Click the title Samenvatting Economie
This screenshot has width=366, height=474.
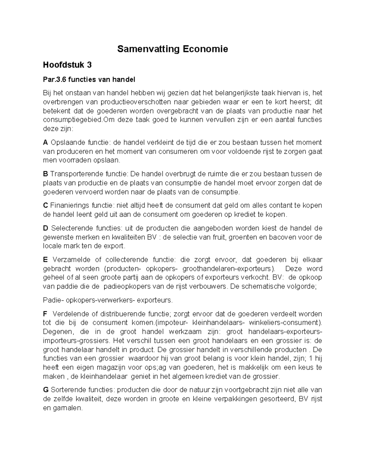(x=173, y=49)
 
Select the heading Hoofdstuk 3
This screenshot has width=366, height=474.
(x=67, y=65)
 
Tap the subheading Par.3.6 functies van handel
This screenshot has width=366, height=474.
(x=89, y=80)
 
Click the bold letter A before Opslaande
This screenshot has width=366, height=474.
(x=45, y=143)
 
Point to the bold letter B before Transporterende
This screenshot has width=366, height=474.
(x=45, y=174)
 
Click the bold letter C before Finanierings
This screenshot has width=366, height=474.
(x=45, y=205)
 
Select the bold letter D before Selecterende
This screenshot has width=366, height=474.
(x=46, y=228)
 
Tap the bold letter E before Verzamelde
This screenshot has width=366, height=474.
(x=45, y=260)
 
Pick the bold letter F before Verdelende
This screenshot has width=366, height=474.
(x=45, y=314)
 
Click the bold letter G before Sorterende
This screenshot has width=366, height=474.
(x=46, y=390)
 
